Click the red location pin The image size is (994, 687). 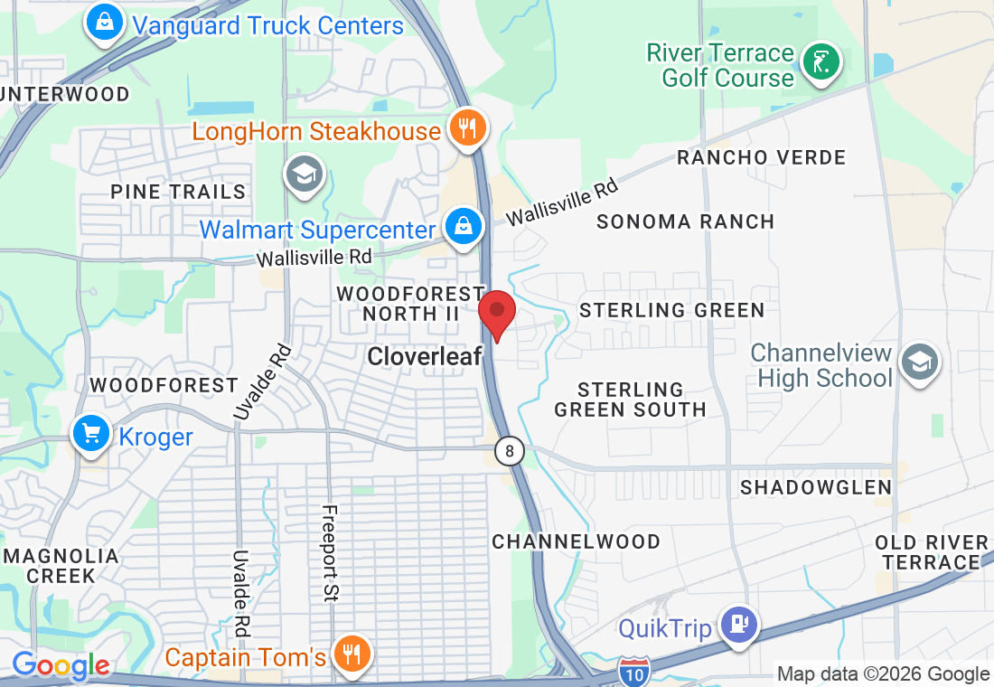(x=496, y=315)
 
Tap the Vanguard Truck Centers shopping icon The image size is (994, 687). (x=105, y=24)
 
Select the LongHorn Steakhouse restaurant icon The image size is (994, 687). (x=466, y=129)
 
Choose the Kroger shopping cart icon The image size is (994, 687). (x=91, y=436)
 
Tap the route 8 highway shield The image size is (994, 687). (x=510, y=451)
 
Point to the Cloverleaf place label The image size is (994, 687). (x=424, y=357)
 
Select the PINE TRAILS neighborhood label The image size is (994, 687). (x=178, y=192)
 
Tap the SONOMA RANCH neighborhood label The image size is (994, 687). (x=686, y=221)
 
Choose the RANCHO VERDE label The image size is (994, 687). (x=762, y=157)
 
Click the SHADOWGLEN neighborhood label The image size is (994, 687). (x=816, y=487)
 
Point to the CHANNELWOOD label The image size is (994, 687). (x=577, y=541)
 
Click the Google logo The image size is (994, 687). (x=61, y=667)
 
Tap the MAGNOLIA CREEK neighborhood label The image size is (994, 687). (x=61, y=566)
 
